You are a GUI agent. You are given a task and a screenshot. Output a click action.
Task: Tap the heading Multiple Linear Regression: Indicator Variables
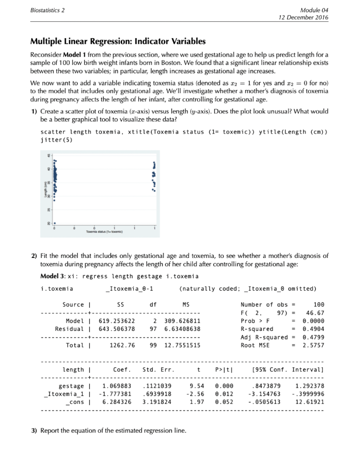(118, 42)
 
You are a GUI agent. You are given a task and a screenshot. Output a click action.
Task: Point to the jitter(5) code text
(56, 140)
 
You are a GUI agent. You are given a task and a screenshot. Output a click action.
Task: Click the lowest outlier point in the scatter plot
(55, 223)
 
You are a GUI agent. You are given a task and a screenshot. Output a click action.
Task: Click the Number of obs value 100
(318, 304)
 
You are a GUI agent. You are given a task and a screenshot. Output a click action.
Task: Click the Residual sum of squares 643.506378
(118, 329)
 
